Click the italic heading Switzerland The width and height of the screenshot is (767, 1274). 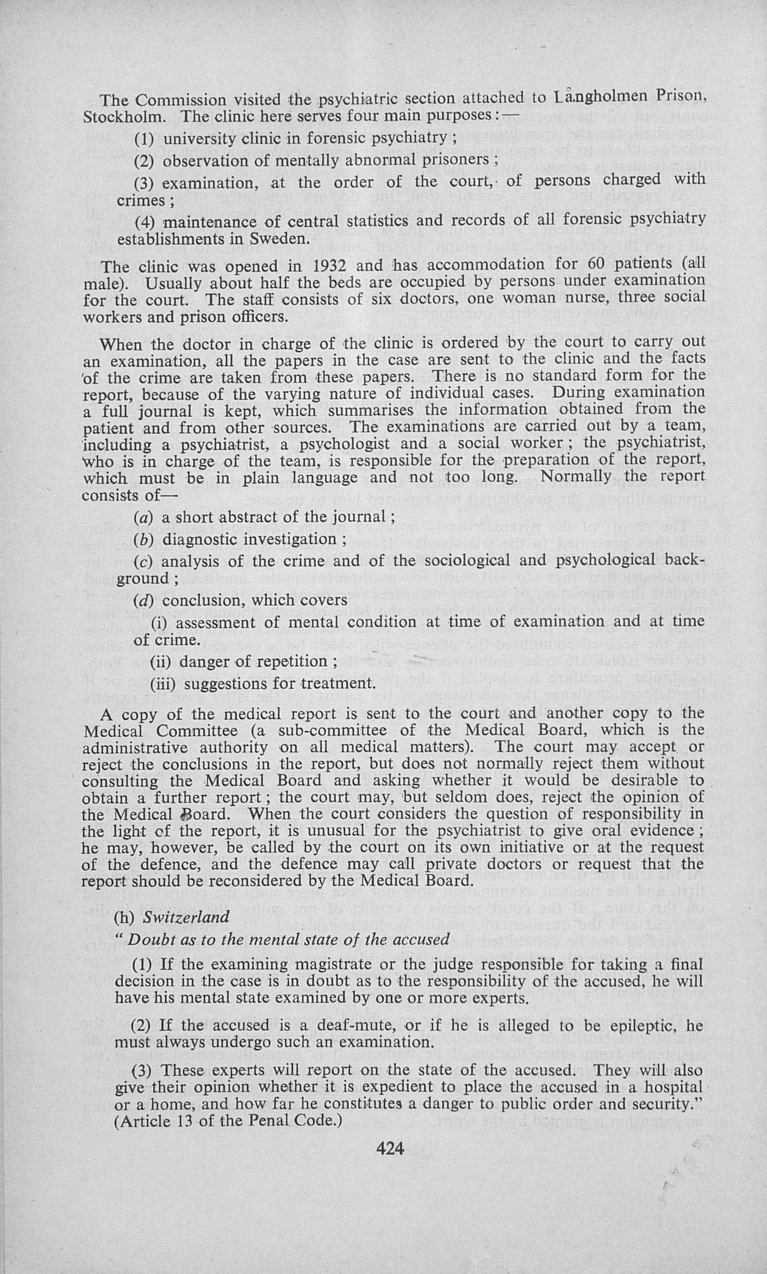click(x=186, y=917)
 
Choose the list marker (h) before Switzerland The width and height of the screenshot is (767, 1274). click(x=124, y=917)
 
